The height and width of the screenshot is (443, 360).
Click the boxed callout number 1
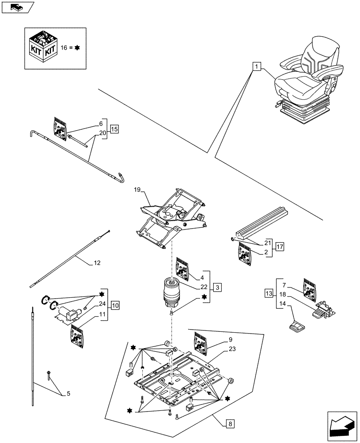(257, 67)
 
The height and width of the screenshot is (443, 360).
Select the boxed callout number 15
(114, 130)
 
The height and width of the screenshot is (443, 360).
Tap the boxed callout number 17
(280, 246)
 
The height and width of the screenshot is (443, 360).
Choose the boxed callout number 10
(114, 305)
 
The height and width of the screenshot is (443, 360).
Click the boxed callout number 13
(269, 293)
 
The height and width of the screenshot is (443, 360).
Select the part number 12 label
(97, 263)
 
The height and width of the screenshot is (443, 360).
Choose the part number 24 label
(102, 304)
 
